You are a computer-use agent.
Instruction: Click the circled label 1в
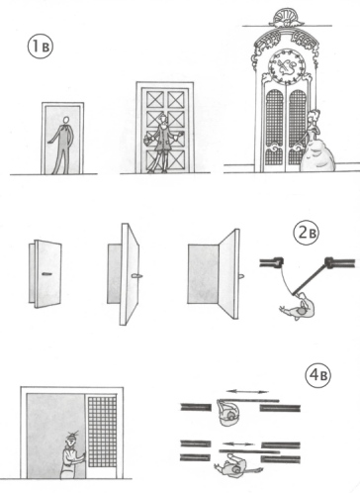41,47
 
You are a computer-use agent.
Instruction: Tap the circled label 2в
307,233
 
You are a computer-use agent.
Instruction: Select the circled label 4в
318,375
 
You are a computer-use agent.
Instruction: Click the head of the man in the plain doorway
66,120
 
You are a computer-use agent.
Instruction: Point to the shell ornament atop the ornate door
287,17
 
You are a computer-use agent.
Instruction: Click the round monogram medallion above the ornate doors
287,66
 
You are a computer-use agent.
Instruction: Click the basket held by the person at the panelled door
147,140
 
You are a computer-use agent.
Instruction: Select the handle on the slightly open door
47,273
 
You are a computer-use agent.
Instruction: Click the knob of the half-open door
135,276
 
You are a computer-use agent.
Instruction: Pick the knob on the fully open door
241,276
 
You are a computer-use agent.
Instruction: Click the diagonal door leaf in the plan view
311,277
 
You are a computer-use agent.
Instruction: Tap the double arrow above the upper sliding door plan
247,392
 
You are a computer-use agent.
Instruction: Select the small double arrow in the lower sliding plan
238,444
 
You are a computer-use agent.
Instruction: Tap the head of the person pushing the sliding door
70,438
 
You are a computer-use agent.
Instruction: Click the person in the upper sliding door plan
227,412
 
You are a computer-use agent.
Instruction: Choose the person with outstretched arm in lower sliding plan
238,466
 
